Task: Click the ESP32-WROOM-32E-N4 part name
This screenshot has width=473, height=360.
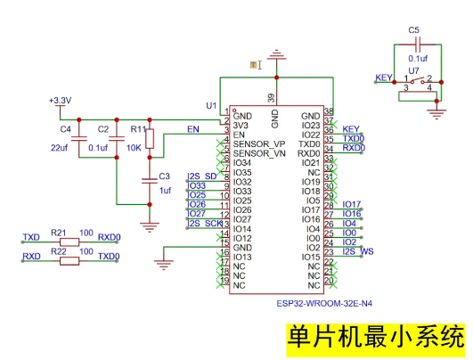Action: coord(324,304)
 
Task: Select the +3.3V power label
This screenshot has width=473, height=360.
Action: coord(60,101)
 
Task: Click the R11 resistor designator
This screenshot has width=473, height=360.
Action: coord(137,129)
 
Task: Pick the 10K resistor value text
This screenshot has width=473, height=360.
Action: coord(135,147)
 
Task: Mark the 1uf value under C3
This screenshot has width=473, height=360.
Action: coord(164,191)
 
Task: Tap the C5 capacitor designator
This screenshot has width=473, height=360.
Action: coord(413,30)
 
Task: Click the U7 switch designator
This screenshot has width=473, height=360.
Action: coord(413,69)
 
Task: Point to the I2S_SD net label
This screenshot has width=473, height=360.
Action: coord(202,176)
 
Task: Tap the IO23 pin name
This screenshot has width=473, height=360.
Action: coord(310,126)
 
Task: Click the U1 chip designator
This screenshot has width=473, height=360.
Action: coord(211,105)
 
